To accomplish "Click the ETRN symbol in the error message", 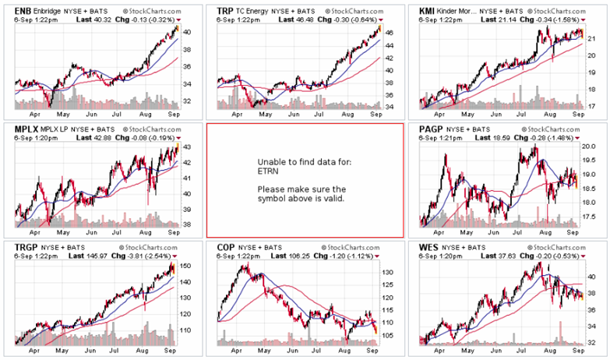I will (x=268, y=179).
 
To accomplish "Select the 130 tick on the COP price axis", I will (x=388, y=272).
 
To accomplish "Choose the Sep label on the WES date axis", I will (x=578, y=352).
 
